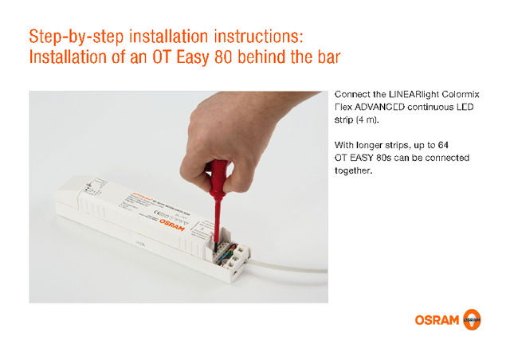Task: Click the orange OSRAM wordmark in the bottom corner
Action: tap(437, 320)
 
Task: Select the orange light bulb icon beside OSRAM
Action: tap(472, 320)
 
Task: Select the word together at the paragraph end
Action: tap(354, 170)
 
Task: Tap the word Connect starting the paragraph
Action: tap(353, 94)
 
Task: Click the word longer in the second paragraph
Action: tap(368, 145)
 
